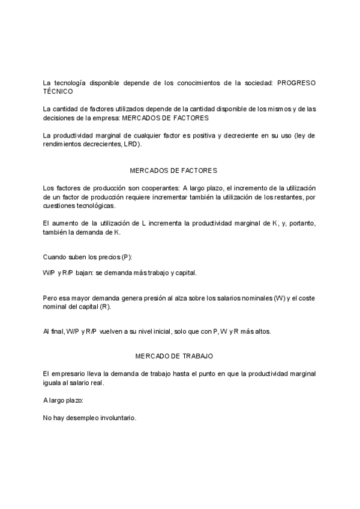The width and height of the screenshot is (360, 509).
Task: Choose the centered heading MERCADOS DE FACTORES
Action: coord(173,171)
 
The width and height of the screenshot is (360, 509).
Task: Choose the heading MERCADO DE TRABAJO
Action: coord(174,357)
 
